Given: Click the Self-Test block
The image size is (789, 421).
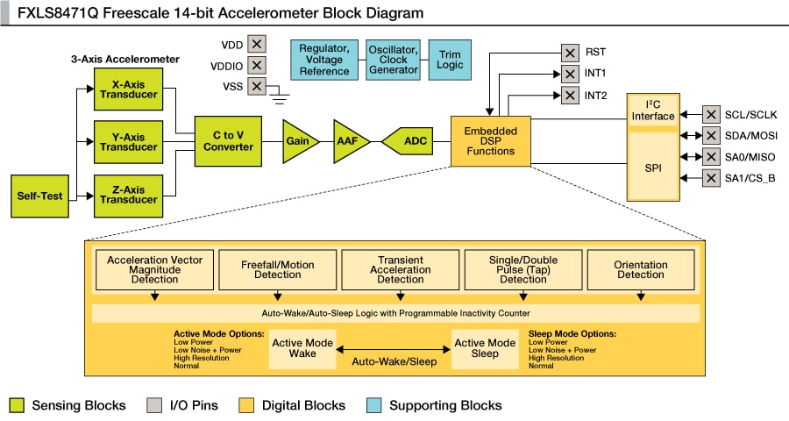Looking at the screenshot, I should pos(40,196).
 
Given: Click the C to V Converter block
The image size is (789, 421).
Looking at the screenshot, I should pos(228,140).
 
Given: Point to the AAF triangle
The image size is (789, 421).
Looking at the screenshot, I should pos(349,140).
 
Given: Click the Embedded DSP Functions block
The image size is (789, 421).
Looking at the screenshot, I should pos(490,140).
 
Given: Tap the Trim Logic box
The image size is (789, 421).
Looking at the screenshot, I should pos(450,60).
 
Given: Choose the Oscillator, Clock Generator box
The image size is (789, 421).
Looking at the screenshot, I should pos(393,60).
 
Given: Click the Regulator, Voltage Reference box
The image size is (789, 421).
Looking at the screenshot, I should pos(324,60).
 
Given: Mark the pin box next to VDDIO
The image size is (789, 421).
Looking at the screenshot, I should pos(256,65).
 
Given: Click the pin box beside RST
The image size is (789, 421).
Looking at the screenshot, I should pos(569,52).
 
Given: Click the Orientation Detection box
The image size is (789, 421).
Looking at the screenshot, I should pos(640,268).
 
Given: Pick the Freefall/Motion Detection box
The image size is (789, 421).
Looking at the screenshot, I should pos(277,268).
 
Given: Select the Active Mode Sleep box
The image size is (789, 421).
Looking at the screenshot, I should pos(485,348).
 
